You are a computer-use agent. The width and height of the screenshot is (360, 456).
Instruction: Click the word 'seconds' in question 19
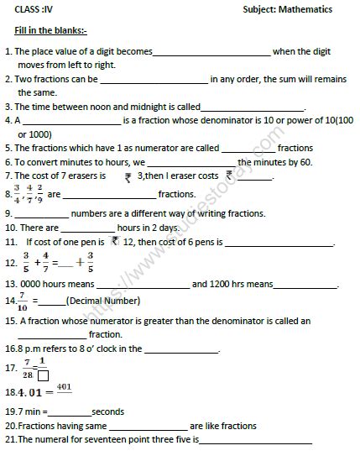(x=108, y=411)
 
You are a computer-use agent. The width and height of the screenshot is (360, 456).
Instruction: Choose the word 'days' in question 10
(x=167, y=228)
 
